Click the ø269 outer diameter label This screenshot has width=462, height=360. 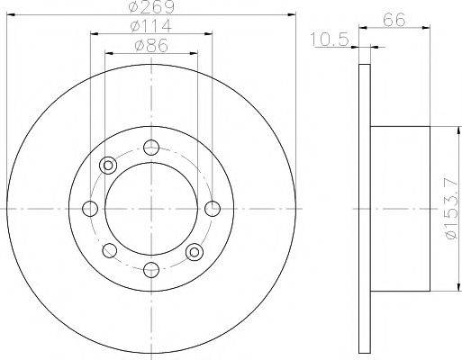tap(150, 7)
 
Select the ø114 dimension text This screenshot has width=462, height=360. tap(151, 26)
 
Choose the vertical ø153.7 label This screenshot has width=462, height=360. tap(450, 208)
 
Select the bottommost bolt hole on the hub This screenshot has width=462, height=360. tap(151, 269)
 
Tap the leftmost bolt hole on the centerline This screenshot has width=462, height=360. tap(90, 209)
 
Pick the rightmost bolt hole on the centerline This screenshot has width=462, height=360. tap(213, 209)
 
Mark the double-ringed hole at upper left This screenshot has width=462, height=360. tap(109, 166)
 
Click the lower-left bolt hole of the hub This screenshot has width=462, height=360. tap(109, 251)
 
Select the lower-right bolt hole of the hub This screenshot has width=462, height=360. tap(194, 252)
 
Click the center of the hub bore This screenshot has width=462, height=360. tap(151, 209)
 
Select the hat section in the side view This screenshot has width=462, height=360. tap(400, 209)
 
